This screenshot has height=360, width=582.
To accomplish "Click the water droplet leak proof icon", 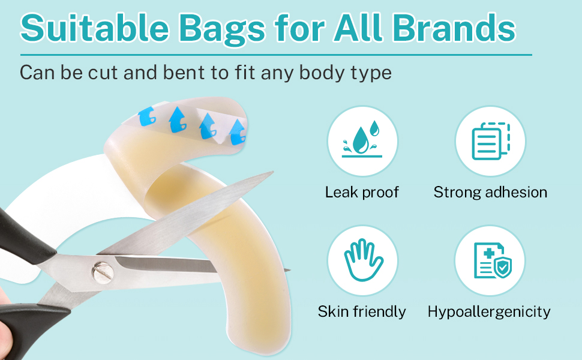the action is [x=362, y=141].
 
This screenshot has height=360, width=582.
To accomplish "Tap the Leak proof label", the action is [x=362, y=192].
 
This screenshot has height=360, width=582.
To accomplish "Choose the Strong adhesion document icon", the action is [x=491, y=141].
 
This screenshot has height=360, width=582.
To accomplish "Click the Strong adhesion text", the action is [x=490, y=193].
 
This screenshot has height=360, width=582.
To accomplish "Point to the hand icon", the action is [x=363, y=260].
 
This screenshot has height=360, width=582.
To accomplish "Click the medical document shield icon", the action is [x=493, y=260].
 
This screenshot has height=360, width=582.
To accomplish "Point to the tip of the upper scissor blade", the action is [x=273, y=172].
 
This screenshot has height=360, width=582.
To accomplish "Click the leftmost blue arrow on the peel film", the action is [x=147, y=116].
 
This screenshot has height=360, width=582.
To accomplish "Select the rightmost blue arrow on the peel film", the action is [x=237, y=132].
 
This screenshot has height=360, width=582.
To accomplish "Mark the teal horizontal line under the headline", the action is [x=276, y=55].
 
